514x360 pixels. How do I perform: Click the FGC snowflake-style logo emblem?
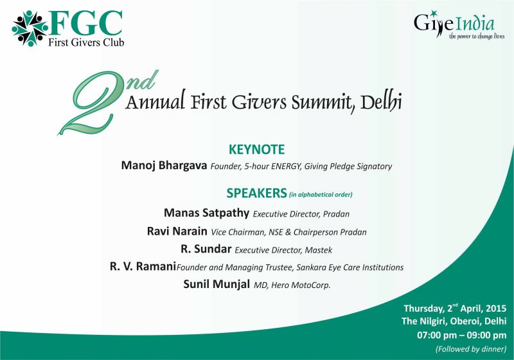pos(30,28)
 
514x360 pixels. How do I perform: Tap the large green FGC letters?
pos(86,23)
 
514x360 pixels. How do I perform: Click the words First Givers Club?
pos(86,42)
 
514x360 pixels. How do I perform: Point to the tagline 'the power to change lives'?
pos(477,36)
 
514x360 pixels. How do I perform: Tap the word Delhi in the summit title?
pos(381,101)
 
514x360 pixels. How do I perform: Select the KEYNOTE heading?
pos(256,150)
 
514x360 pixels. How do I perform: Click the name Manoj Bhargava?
pos(164,165)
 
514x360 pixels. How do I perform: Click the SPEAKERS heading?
pos(256,193)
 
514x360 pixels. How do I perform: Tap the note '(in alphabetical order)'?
pos(321,194)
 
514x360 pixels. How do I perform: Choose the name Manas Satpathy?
pos(206,213)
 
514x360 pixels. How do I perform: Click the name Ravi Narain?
pos(177,231)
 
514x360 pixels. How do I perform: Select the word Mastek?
pos(319,250)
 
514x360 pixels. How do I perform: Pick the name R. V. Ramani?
pos(143,267)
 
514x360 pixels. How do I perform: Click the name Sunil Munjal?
pos(217,284)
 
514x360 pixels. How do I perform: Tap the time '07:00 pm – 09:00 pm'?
pos(461,336)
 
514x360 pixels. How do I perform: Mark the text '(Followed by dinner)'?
pos(471,349)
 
